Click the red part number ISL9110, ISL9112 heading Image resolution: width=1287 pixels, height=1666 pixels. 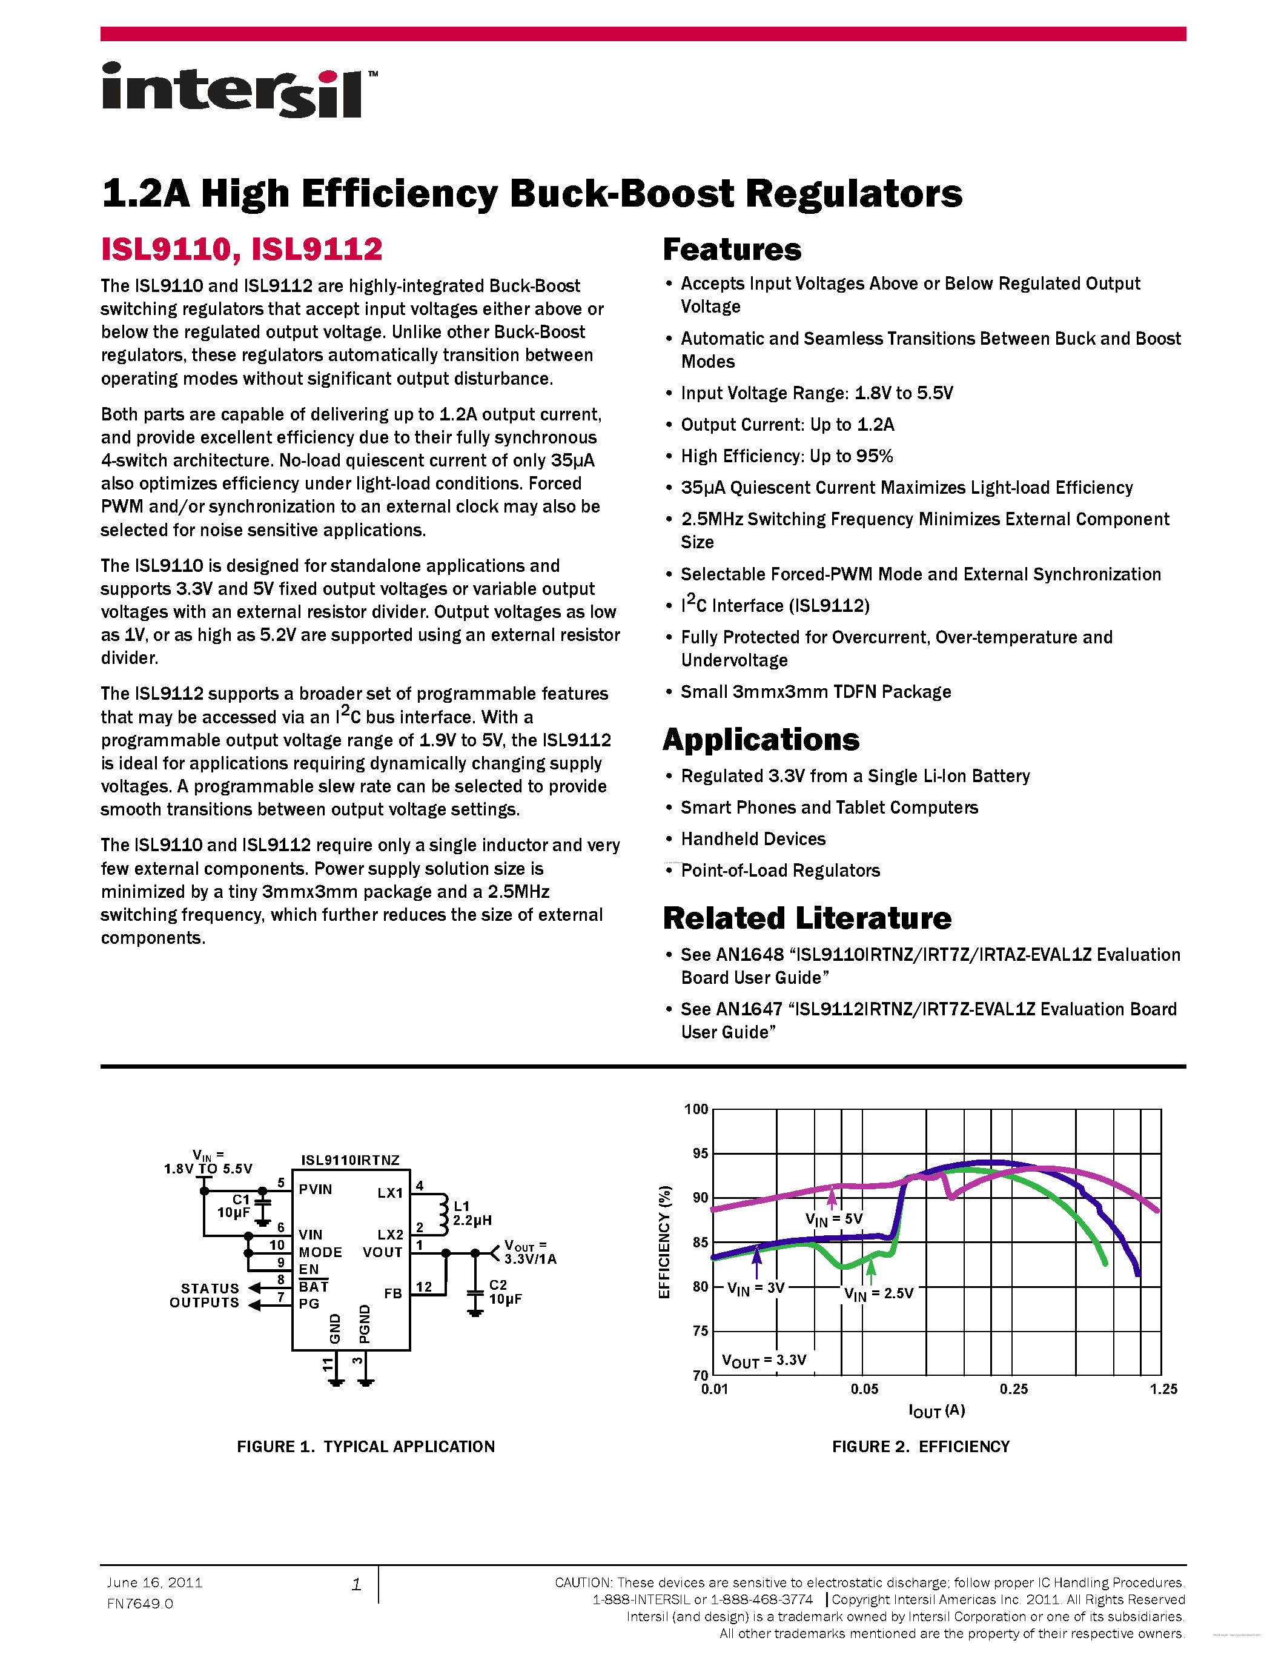pos(242,250)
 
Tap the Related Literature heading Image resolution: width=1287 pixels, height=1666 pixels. pos(807,918)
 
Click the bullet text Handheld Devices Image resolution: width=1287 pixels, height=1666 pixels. pos(753,839)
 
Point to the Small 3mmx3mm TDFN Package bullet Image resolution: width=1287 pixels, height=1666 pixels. pos(815,692)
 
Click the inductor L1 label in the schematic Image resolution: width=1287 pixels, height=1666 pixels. pos(462,1206)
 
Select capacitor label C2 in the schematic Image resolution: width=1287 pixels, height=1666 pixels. pos(498,1284)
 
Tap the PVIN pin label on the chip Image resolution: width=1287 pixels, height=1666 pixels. pos(316,1189)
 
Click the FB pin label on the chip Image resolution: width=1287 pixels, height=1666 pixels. pos(392,1293)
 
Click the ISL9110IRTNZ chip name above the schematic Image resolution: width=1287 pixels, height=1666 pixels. pos(350,1160)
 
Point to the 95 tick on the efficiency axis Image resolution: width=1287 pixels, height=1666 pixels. pos(700,1153)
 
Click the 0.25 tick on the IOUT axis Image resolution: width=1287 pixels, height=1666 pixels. pos(1013,1389)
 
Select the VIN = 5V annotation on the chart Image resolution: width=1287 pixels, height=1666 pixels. pos(833,1220)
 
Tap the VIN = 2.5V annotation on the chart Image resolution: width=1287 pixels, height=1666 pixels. pos(878,1294)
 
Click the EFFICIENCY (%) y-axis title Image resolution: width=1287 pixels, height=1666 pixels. pos(665,1242)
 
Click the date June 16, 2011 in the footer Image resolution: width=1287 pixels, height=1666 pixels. pos(155,1583)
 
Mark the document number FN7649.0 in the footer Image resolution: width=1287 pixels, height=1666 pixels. pos(141,1604)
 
